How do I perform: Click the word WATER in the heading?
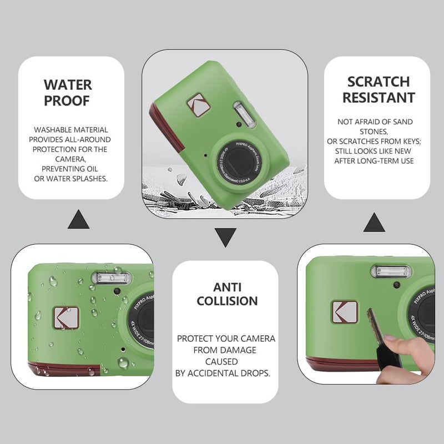[68, 85]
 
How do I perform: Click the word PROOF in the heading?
[67, 100]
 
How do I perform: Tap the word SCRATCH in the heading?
[379, 82]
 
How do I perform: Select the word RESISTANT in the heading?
[379, 98]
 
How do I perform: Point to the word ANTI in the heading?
[228, 287]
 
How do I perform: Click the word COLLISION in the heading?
[228, 301]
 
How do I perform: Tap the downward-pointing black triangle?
[225, 238]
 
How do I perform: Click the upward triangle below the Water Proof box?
[78, 219]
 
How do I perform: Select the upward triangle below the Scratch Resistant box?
[374, 223]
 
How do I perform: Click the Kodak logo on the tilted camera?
[199, 105]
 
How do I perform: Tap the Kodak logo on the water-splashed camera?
[66, 318]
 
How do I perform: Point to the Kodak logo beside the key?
[344, 312]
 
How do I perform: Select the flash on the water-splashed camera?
[112, 278]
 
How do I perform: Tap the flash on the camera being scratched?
[391, 271]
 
